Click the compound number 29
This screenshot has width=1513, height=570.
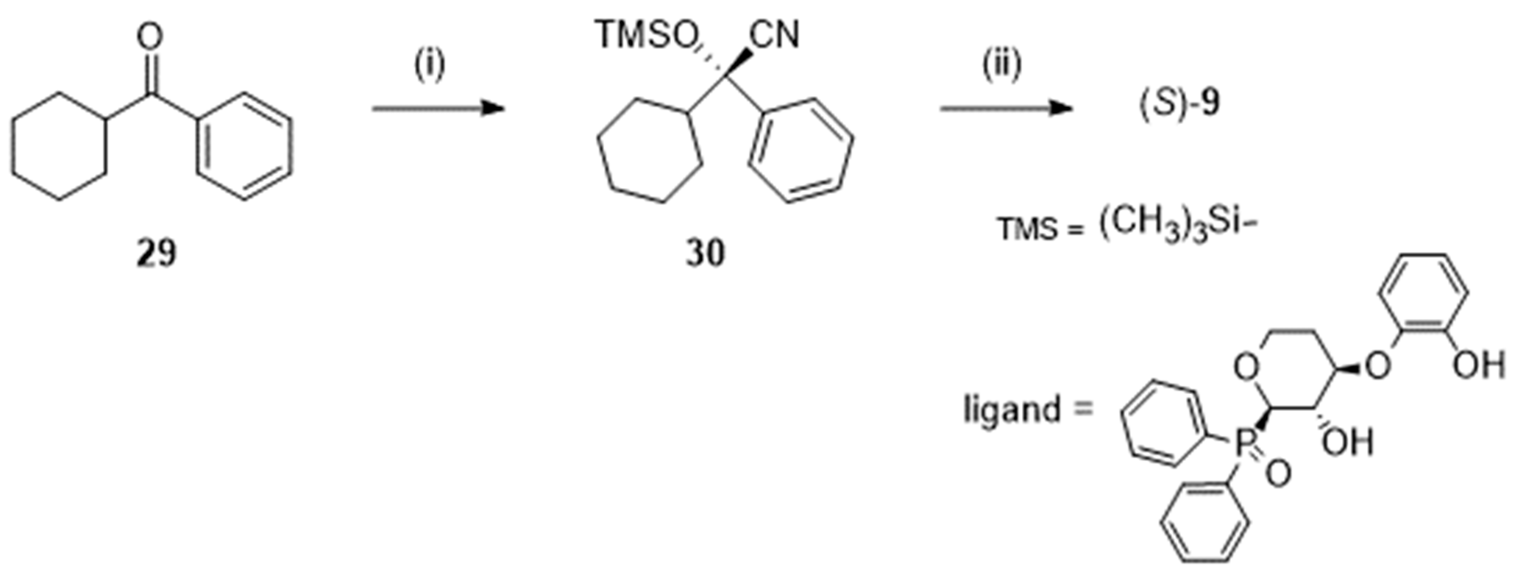coord(156,254)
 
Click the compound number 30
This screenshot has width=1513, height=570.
coord(705,254)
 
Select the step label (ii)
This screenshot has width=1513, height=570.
coord(1002,65)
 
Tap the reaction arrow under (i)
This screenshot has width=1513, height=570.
coord(438,109)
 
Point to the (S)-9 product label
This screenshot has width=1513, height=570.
coord(1179,104)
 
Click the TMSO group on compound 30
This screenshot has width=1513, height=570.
coord(645,35)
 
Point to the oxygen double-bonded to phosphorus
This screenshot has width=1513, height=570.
coord(1278,474)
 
